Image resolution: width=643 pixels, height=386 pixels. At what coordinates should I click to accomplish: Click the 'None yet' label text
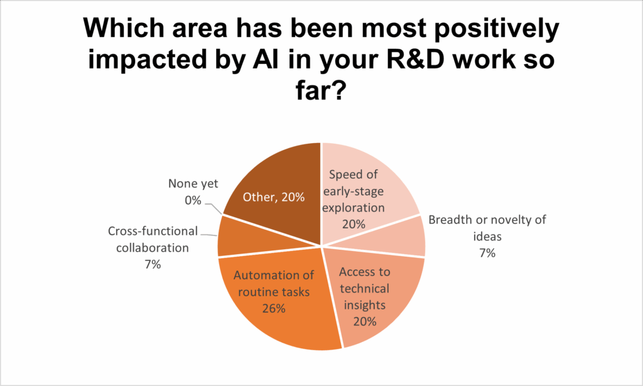193,183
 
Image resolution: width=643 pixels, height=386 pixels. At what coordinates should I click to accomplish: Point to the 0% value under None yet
193,200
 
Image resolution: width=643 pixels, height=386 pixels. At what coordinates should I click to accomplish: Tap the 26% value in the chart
274,309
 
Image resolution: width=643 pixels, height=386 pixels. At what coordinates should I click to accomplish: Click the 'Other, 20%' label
274,198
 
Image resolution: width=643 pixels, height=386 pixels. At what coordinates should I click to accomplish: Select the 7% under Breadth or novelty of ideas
487,253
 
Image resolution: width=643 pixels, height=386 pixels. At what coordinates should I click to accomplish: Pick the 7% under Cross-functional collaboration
153,265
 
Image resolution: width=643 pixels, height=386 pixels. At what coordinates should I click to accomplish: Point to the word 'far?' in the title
321,90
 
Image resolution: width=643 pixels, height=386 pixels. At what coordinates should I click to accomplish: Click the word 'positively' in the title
497,29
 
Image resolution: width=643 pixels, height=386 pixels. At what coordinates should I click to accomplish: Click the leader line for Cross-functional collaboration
208,234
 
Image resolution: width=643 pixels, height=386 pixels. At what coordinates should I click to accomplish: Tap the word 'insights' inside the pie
365,305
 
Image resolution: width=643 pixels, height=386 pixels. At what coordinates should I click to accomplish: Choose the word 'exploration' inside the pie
354,208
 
